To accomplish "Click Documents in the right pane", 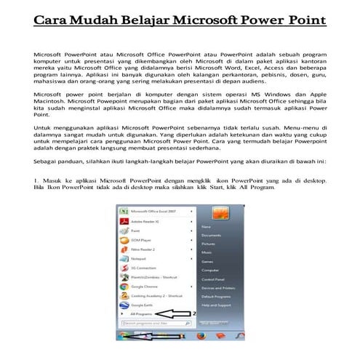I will click(212, 236).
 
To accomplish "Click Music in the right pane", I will click(207, 253).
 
